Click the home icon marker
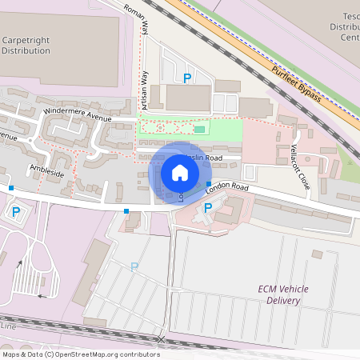(x=180, y=172)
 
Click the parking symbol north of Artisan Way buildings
(x=187, y=78)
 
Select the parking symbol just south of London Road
(x=208, y=207)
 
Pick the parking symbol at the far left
(x=15, y=212)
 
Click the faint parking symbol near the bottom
(x=134, y=266)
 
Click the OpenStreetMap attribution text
(x=80, y=354)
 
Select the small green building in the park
(x=200, y=129)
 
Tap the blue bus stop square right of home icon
(x=209, y=183)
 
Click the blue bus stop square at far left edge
(x=11, y=188)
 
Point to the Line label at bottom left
(x=8, y=326)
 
